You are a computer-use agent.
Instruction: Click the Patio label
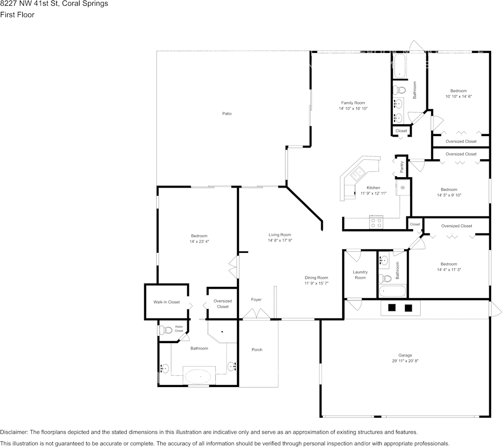click(x=227, y=113)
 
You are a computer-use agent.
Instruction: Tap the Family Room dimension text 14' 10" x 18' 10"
click(x=353, y=109)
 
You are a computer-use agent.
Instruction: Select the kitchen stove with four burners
click(x=376, y=222)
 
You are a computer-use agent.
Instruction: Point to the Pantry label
click(x=402, y=167)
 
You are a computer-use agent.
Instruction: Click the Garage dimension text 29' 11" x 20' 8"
click(x=405, y=361)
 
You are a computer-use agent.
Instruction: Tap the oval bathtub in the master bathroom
click(x=199, y=377)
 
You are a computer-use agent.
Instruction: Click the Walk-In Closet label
click(x=166, y=302)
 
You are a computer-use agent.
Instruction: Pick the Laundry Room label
click(x=360, y=275)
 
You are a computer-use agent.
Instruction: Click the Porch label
click(x=256, y=350)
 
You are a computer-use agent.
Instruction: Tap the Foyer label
click(x=256, y=300)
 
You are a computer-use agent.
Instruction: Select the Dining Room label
click(x=316, y=278)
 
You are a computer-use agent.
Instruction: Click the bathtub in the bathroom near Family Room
click(x=400, y=66)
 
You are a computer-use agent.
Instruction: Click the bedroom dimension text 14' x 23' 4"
click(x=199, y=241)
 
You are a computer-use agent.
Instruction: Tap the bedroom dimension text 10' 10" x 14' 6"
click(x=458, y=96)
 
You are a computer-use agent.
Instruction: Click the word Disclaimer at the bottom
click(x=14, y=432)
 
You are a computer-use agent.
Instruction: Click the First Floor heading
click(x=18, y=15)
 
